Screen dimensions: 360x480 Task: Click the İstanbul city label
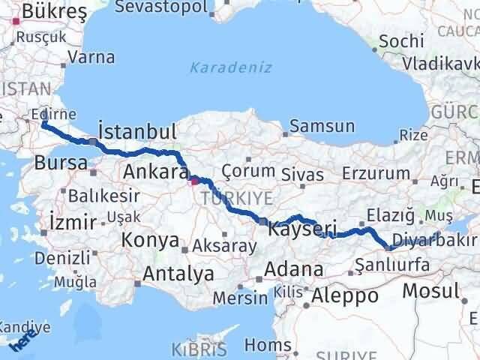click(x=137, y=133)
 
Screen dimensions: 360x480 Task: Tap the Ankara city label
click(x=155, y=172)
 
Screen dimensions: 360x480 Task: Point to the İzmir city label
click(x=72, y=222)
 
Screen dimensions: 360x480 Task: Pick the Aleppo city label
click(x=344, y=295)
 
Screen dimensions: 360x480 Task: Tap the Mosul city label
click(x=430, y=291)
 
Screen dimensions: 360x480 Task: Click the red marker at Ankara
click(x=194, y=180)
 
